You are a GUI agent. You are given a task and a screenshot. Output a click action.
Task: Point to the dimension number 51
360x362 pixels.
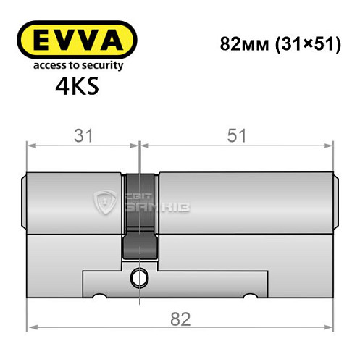(x=238, y=135)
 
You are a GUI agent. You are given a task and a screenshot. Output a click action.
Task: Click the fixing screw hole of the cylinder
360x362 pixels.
(x=138, y=276)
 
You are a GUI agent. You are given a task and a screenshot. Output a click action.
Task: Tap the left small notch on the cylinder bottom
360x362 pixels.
(x=100, y=296)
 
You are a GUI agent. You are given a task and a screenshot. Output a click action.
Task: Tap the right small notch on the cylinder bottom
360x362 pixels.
(x=251, y=296)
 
